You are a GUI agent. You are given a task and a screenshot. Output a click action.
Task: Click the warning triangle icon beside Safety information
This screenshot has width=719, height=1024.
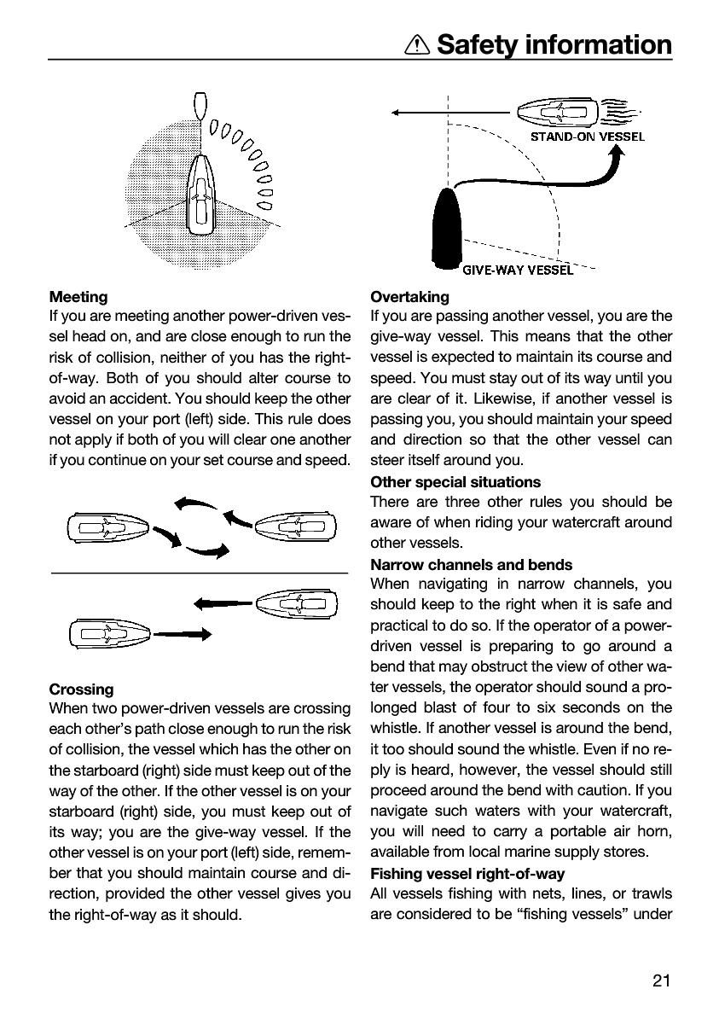click(x=416, y=45)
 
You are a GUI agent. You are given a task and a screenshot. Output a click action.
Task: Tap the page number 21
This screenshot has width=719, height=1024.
click(x=661, y=980)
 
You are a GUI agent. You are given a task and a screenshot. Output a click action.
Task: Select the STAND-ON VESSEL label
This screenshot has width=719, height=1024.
click(x=587, y=137)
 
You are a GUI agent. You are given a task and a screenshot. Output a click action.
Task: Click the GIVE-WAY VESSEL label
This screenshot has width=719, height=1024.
click(x=518, y=271)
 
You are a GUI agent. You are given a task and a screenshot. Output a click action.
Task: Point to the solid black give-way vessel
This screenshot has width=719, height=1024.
click(x=447, y=228)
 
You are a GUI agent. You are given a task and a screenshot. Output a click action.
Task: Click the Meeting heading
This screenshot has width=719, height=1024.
click(x=78, y=297)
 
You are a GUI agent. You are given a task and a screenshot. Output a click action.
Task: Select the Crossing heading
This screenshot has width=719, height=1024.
click(x=81, y=689)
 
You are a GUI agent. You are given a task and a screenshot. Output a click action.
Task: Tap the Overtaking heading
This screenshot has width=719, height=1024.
click(x=409, y=297)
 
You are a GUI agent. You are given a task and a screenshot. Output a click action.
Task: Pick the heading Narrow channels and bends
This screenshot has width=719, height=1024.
click(x=471, y=565)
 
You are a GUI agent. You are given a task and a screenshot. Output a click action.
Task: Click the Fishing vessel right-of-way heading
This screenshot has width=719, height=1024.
click(x=467, y=874)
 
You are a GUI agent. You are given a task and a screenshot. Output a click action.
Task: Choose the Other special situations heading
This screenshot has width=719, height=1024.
click(x=455, y=482)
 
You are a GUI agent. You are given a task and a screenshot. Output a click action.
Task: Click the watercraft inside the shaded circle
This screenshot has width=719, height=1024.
click(x=200, y=195)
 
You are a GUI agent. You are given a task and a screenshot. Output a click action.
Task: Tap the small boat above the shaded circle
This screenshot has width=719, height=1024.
click(x=200, y=106)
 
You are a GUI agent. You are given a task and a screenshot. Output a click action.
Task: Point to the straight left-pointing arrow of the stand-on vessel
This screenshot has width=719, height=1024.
click(x=450, y=113)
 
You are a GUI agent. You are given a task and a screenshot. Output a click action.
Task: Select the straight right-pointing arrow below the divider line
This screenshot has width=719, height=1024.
click(x=183, y=634)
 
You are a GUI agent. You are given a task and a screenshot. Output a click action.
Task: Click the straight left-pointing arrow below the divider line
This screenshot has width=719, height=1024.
click(x=223, y=604)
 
